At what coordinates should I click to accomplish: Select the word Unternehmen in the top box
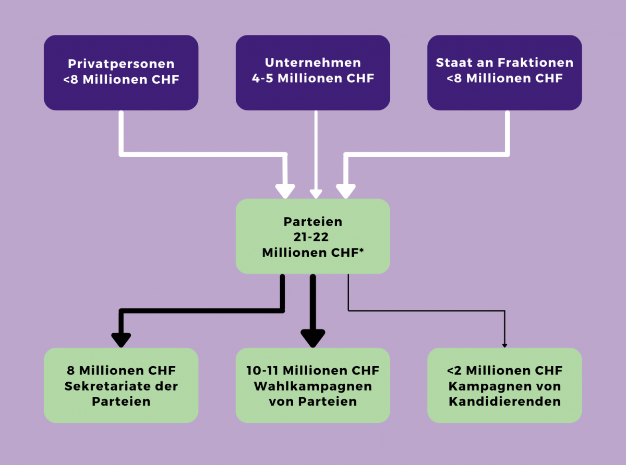[312, 63]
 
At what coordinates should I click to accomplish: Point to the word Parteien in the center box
[312, 221]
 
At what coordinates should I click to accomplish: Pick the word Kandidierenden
[504, 401]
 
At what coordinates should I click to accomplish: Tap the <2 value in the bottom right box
[454, 371]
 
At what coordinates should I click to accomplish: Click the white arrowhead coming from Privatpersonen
[285, 191]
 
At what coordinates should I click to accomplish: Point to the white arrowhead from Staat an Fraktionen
[345, 191]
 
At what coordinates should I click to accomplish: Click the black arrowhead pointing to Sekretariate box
[121, 339]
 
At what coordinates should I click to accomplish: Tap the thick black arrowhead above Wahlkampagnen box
[313, 337]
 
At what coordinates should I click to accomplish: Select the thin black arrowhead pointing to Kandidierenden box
[504, 344]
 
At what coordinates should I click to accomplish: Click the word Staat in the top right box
[452, 63]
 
